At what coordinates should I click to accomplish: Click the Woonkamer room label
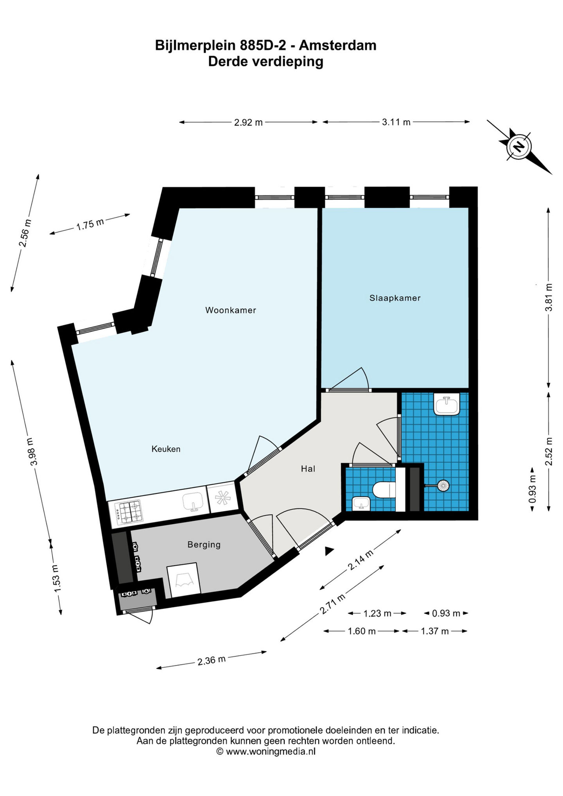click(231, 310)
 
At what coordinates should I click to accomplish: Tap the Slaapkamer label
click(395, 298)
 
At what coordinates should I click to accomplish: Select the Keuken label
click(166, 449)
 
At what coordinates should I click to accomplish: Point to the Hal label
click(308, 469)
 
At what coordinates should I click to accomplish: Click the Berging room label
click(204, 545)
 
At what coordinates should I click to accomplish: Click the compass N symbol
click(519, 147)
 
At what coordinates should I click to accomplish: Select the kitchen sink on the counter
click(193, 502)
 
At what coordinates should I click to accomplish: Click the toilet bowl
click(384, 490)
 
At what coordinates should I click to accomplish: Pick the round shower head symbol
click(443, 486)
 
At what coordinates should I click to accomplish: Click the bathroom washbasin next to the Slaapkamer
click(446, 404)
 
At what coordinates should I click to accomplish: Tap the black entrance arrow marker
click(330, 550)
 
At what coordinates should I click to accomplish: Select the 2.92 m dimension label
click(248, 122)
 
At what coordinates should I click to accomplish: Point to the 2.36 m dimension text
click(212, 660)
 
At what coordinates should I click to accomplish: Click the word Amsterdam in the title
click(337, 46)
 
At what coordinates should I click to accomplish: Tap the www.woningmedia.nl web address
click(271, 751)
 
